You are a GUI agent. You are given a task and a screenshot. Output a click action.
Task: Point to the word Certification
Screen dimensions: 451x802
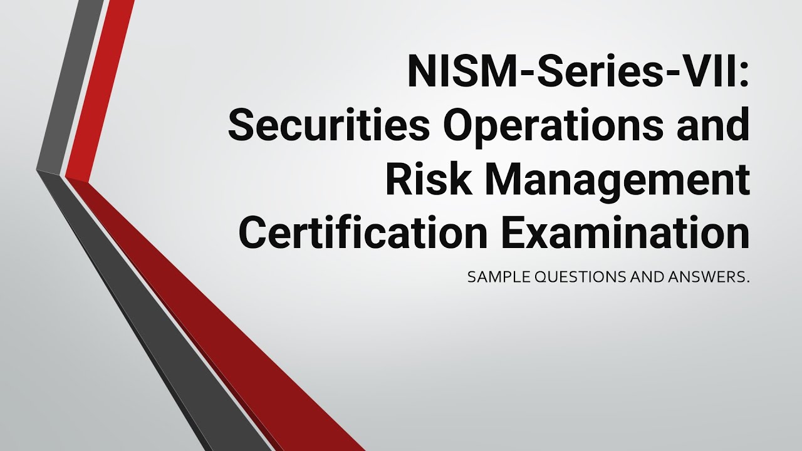click(363, 232)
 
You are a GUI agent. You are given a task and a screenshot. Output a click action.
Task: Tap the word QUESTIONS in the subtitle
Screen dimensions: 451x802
click(575, 277)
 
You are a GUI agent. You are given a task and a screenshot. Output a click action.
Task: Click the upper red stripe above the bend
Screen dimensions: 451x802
click(100, 88)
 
